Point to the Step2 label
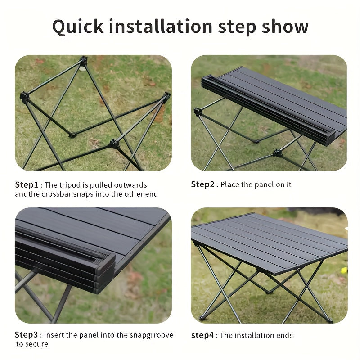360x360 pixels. point(203,184)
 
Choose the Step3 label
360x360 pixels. point(27,335)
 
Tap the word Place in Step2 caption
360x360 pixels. point(230,184)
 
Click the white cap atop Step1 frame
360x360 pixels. point(82,68)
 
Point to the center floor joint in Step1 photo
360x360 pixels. point(72,134)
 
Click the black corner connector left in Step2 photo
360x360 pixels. point(198,112)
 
